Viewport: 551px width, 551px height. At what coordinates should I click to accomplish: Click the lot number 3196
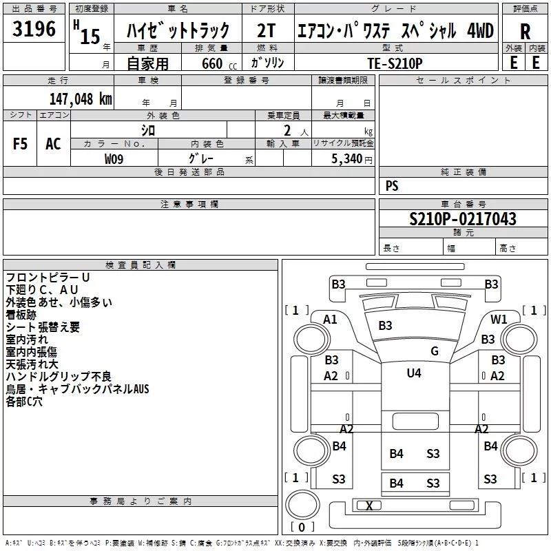[34, 29]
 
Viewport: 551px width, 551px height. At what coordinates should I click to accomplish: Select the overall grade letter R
[525, 32]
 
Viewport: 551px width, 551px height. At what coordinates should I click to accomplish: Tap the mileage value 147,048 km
[81, 99]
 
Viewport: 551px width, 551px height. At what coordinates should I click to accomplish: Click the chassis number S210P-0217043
[463, 219]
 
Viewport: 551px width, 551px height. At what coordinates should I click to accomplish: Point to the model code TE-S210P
[395, 63]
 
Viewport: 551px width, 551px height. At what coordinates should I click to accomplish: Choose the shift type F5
[20, 144]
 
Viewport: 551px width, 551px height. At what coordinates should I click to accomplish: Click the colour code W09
[114, 159]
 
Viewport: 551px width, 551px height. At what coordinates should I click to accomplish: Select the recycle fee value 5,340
[347, 159]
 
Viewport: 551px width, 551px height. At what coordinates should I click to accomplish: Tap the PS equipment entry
[392, 185]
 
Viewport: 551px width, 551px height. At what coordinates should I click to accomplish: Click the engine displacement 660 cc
[219, 63]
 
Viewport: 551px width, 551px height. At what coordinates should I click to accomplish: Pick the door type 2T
[266, 30]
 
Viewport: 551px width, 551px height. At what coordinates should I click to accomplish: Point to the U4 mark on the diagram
[414, 373]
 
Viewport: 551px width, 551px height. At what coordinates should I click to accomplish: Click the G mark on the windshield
[435, 351]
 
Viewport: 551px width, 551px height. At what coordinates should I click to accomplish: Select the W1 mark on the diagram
[499, 319]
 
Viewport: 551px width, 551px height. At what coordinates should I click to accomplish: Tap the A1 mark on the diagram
[330, 320]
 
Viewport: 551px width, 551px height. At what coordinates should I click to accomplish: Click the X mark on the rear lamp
[369, 506]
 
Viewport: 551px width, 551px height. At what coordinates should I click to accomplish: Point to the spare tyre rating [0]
[302, 527]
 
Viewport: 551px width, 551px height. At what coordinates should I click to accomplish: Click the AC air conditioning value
[54, 144]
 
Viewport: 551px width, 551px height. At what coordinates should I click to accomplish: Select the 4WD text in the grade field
[480, 30]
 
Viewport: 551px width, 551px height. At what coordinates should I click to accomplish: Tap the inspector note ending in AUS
[77, 388]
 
